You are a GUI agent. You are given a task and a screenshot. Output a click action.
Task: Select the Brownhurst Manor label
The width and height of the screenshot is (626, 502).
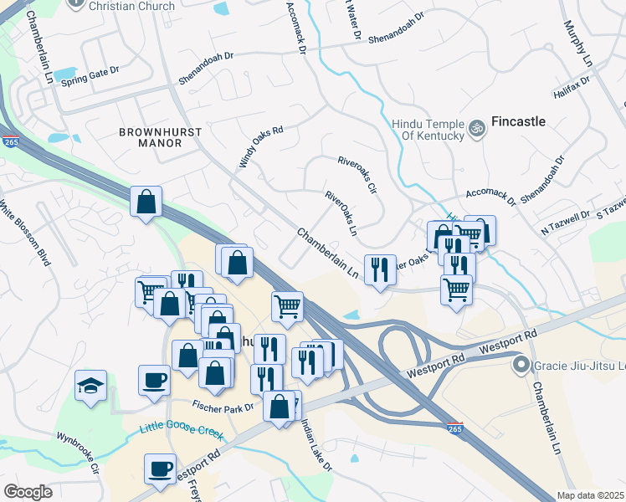(150, 137)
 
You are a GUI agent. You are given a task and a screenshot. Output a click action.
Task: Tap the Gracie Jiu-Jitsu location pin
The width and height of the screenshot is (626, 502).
(520, 366)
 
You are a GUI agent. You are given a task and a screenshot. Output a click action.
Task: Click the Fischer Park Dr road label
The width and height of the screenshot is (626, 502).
(223, 407)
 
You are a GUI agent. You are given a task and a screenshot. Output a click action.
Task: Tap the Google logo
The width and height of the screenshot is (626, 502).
(28, 492)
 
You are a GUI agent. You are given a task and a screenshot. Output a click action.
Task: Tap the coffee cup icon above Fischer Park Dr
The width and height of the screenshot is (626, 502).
(153, 379)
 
